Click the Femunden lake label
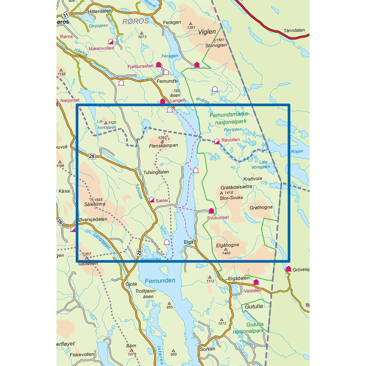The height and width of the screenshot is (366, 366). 160,281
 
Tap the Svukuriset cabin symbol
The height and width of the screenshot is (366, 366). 211,211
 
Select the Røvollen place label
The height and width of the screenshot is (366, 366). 231,140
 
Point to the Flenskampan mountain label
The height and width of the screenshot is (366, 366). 163,146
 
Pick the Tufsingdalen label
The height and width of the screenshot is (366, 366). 156,172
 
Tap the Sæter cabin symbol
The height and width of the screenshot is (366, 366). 152,200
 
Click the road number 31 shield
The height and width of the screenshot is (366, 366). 65,15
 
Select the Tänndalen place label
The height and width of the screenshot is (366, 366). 294,30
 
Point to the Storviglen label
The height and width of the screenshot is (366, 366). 216,45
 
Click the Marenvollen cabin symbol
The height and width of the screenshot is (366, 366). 111,41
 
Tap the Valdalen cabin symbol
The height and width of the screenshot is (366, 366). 256,282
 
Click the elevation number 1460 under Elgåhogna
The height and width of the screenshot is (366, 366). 226,253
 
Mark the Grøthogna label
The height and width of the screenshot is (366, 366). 261,207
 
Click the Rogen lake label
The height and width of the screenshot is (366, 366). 297,151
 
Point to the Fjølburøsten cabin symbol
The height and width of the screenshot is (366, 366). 159,64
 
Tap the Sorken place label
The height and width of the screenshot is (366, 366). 207,349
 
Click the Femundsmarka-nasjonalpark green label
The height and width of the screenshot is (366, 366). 229,117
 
